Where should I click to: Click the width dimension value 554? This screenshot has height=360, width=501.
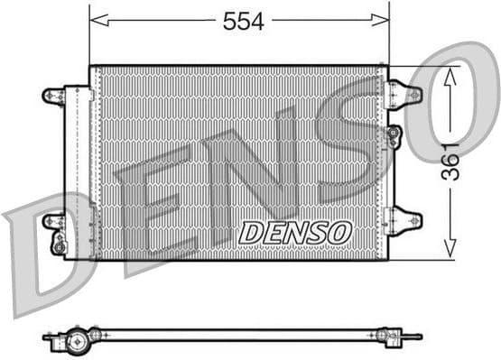pos(244,22)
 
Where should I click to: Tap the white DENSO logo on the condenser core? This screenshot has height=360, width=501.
pos(294,232)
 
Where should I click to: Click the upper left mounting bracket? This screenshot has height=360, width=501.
pos(54,96)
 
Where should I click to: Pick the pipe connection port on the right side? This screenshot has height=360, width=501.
pos(394,135)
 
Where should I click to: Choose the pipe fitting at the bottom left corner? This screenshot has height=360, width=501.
pos(59,244)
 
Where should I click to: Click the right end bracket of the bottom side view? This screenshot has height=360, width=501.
pos(397,336)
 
